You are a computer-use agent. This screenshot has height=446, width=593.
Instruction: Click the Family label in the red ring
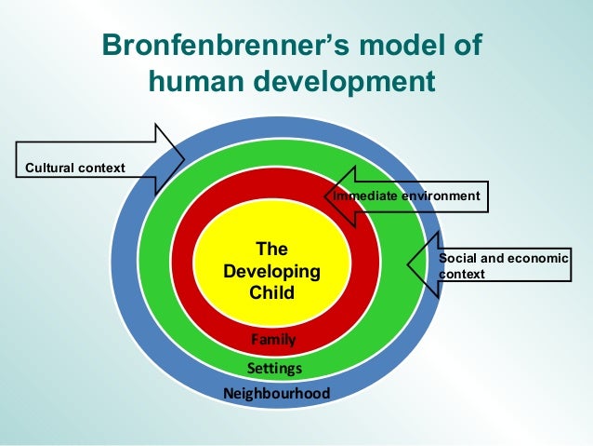point(273,341)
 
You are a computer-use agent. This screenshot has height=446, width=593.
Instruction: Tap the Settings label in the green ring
point(273,369)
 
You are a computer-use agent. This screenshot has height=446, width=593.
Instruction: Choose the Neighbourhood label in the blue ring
point(276,394)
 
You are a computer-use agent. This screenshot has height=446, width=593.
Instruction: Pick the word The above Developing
point(271,249)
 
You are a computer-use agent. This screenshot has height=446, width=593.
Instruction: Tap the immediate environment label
point(406,196)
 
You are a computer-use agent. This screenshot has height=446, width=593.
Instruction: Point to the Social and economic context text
point(503,265)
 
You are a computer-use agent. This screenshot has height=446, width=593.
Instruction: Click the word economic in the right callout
point(536,257)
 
